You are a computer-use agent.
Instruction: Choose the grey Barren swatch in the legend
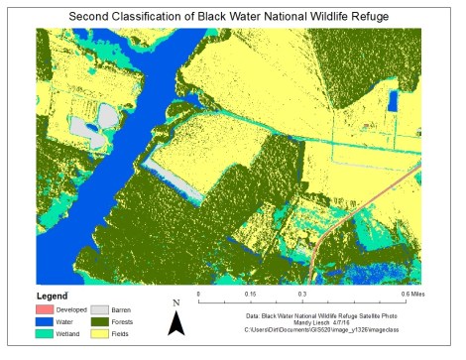(x=99, y=310)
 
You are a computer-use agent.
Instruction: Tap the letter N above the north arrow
(x=175, y=302)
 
